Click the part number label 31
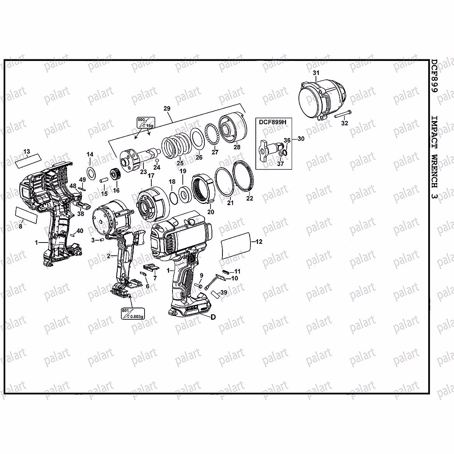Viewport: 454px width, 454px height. [316, 72]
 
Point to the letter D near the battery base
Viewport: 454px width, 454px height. [213, 317]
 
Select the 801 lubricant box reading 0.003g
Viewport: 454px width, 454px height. [134, 314]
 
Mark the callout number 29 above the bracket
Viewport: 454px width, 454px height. [167, 109]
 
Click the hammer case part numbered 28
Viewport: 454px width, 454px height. [231, 128]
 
